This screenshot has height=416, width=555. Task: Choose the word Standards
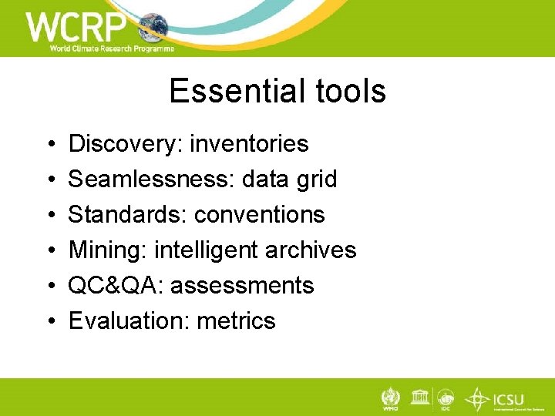127,214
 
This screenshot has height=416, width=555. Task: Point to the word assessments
242,285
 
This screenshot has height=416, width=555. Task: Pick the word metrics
237,320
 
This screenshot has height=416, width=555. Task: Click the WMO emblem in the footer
390,399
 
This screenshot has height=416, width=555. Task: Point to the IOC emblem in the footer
446,399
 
